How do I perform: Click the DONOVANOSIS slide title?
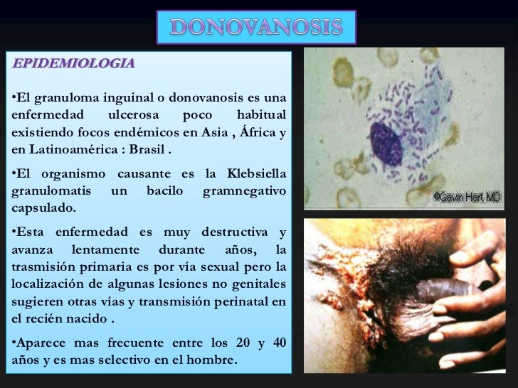click(x=256, y=28)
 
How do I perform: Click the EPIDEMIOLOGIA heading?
click(x=73, y=63)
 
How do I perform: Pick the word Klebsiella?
click(x=256, y=174)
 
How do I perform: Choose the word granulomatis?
click(x=52, y=192)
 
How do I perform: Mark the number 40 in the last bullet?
click(x=279, y=343)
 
